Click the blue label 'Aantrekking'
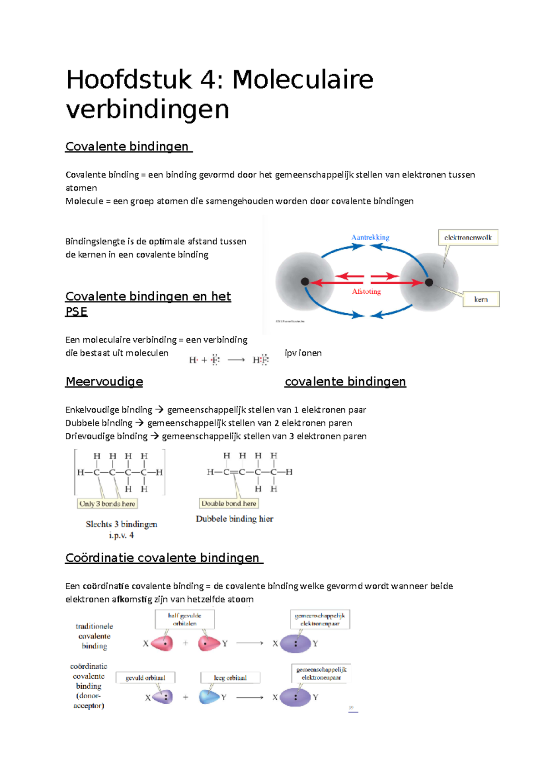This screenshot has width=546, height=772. (370, 237)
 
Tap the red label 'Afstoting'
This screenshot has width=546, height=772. (366, 291)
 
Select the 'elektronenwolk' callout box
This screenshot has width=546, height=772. (468, 237)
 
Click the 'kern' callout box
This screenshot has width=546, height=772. (481, 299)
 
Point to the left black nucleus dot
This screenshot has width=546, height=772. (305, 282)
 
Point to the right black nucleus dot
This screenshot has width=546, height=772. (429, 282)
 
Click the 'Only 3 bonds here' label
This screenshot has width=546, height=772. (107, 504)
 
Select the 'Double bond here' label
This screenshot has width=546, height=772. (229, 503)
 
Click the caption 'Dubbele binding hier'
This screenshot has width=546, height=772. (234, 519)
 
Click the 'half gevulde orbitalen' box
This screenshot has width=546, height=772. (185, 619)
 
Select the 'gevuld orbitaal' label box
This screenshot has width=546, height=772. (146, 677)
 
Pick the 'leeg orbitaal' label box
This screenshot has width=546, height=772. (230, 677)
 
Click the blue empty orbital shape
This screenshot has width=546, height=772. (209, 697)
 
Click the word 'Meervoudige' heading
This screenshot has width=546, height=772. (104, 381)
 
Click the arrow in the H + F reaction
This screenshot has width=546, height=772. (236, 360)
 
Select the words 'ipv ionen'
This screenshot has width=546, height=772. (303, 353)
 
